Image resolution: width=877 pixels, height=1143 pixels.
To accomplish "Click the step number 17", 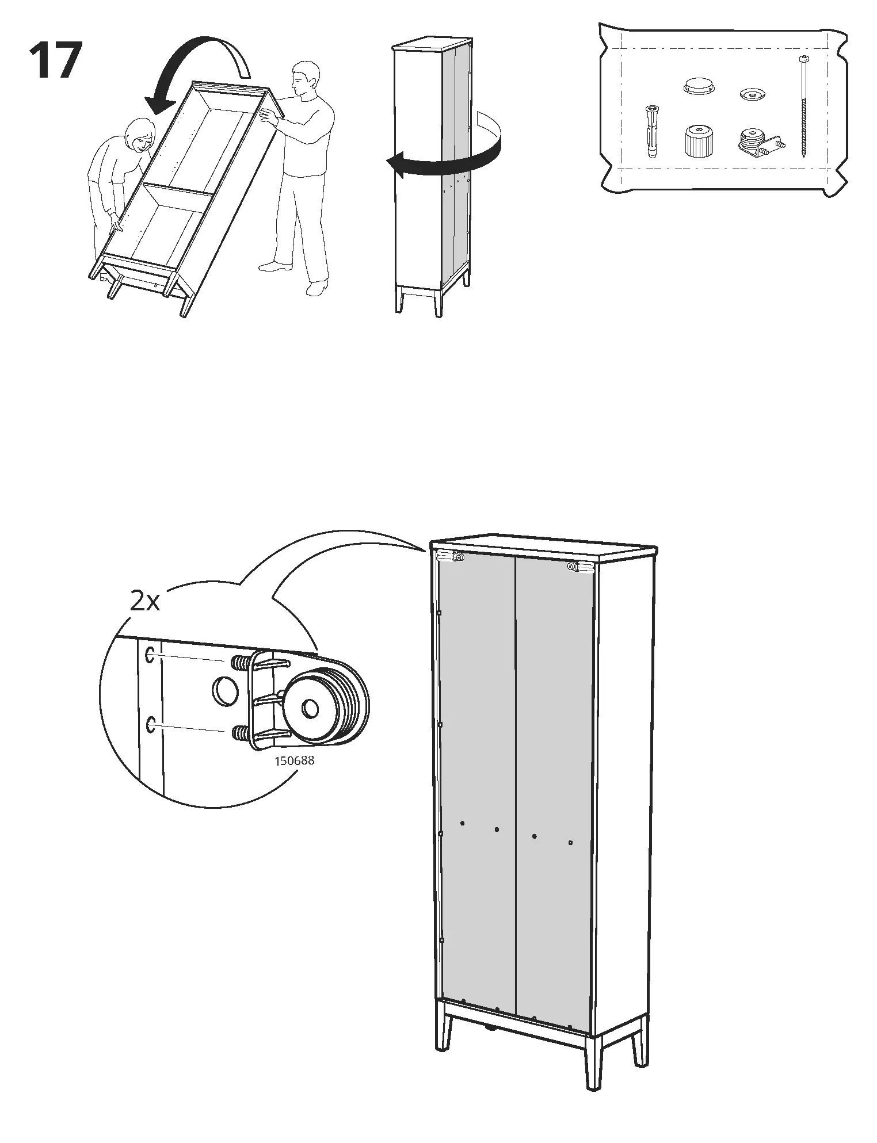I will (55, 61).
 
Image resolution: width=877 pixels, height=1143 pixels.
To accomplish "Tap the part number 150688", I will (294, 760).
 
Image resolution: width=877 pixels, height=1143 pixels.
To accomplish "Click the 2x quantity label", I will (144, 602).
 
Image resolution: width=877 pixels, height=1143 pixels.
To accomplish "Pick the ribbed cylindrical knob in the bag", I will (697, 140).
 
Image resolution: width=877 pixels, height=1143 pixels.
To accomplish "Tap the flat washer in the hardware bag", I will (751, 94).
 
